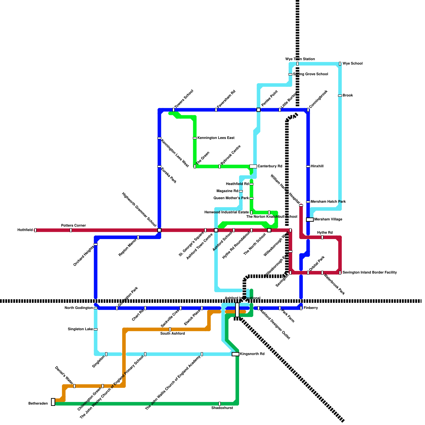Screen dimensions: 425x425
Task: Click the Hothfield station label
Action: click(25, 230)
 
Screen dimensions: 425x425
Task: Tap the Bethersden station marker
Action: click(53, 402)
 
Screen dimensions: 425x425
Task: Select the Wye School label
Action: click(352, 64)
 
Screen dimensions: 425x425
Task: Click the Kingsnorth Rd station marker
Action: click(235, 354)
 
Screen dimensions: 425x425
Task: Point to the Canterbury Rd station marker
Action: click(253, 166)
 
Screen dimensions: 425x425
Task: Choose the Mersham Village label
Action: click(328, 219)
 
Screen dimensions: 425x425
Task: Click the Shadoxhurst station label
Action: click(222, 408)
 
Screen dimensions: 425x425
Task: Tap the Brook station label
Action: click(348, 96)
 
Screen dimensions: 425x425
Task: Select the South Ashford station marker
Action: click(170, 329)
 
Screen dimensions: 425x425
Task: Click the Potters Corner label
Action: click(74, 226)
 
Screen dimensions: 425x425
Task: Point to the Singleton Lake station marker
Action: click(96, 329)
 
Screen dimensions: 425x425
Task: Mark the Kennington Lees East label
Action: click(216, 138)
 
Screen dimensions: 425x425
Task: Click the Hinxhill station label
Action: click(317, 166)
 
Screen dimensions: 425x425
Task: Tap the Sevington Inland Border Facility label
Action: click(369, 273)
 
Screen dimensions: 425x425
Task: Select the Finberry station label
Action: click(311, 308)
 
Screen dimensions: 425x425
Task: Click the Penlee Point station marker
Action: click(258, 110)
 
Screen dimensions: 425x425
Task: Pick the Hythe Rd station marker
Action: click(322, 237)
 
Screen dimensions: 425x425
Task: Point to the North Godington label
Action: click(79, 308)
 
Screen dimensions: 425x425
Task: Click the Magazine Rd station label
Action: click(227, 191)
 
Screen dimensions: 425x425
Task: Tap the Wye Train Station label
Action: click(300, 59)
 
